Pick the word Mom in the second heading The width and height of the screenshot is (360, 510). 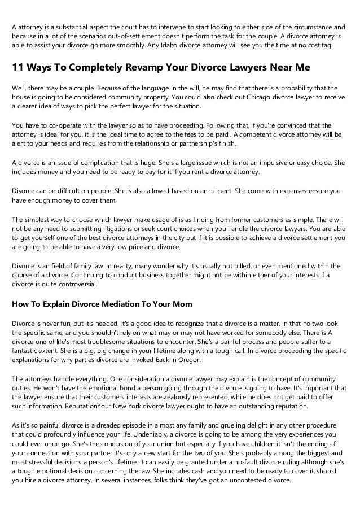[182, 304]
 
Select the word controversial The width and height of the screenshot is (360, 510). [80, 284]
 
